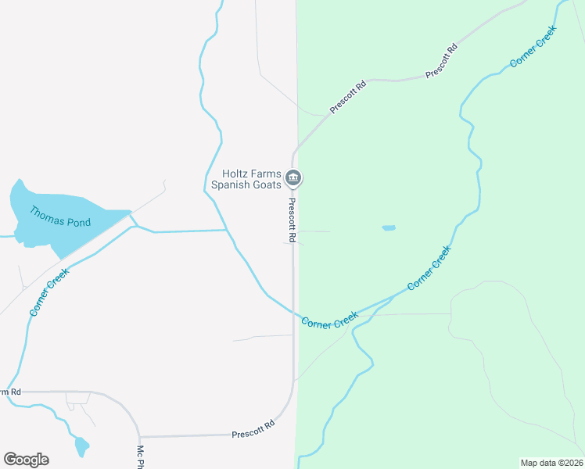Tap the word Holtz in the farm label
coord(237,174)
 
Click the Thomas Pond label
coord(60,217)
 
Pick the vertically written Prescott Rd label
coord(291,219)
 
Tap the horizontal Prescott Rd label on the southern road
coord(253,429)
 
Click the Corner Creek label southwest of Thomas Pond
coord(49,292)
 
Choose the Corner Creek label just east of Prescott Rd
coord(329,320)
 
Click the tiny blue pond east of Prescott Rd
coord(389,228)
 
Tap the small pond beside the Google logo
coord(81,447)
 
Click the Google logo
coord(26,460)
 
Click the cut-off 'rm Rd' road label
coord(10,392)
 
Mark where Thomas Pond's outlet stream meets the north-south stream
coord(228,231)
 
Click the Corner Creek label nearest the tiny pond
coord(429,268)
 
